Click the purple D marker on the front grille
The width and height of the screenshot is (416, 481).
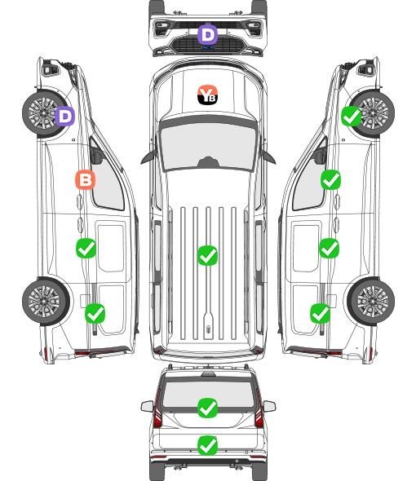[207, 35]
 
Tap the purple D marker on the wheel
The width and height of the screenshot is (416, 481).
[64, 116]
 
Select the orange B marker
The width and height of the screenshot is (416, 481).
[86, 179]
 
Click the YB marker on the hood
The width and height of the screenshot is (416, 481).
[207, 95]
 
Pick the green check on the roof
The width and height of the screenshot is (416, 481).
[207, 255]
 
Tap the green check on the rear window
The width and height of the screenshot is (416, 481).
[208, 408]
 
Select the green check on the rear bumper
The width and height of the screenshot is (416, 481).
[208, 445]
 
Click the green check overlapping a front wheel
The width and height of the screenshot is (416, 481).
[352, 117]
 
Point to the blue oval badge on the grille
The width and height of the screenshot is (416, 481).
[208, 47]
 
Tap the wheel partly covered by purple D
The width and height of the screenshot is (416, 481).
[45, 113]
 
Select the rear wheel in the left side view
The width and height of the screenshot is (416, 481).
[46, 302]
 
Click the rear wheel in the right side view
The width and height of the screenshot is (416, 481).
[371, 302]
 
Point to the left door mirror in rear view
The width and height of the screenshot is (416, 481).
[148, 407]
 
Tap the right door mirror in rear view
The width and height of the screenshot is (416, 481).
[269, 407]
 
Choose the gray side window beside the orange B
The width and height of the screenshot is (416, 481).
[108, 181]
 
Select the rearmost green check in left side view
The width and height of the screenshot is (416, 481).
[95, 314]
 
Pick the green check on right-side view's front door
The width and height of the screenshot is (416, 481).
[330, 180]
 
